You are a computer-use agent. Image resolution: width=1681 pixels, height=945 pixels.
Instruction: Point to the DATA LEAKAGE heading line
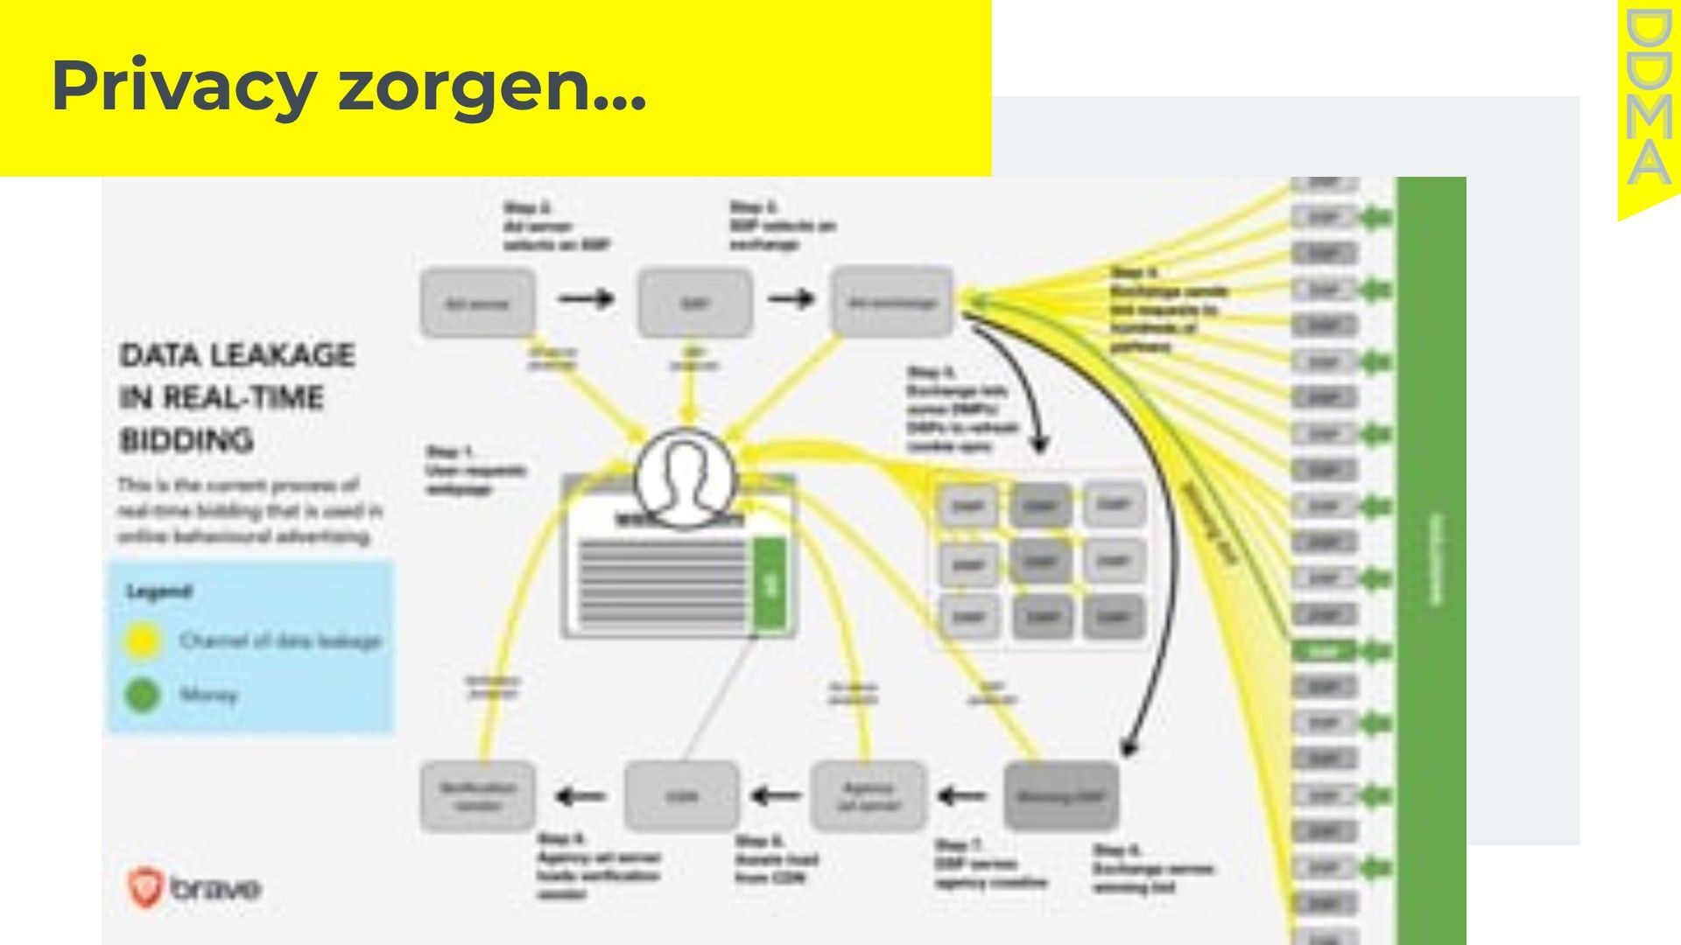237,355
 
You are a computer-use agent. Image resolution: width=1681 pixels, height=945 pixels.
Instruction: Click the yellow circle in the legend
143,641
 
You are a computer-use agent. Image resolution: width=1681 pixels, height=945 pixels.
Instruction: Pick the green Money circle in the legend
143,696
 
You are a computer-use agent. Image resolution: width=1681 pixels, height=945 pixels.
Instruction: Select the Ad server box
478,304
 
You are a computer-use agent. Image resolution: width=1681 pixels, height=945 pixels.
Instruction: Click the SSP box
694,304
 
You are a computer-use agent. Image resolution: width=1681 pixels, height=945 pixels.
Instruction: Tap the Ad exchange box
891,303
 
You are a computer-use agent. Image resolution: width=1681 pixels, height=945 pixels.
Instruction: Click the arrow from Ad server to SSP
586,299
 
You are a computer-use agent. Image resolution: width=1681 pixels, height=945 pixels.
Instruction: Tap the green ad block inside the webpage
770,584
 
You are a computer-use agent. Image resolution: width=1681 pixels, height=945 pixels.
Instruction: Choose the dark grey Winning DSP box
1060,796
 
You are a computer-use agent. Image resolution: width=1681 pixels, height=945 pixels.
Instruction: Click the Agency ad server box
868,795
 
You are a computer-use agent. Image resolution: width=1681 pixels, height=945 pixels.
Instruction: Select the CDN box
681,795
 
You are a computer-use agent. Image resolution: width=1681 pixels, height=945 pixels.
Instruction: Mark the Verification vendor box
478,795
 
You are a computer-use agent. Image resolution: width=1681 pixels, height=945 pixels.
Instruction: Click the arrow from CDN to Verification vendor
580,796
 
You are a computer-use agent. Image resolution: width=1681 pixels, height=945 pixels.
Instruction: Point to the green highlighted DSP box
1324,651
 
